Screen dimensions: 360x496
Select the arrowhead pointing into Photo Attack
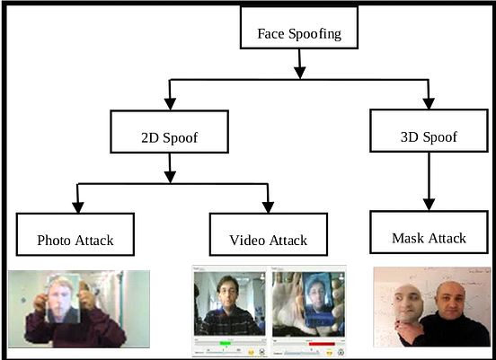(x=77, y=206)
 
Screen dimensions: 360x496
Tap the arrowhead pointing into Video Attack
(x=268, y=206)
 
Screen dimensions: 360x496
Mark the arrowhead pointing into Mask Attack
(x=429, y=204)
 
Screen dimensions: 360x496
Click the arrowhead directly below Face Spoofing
(x=300, y=68)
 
